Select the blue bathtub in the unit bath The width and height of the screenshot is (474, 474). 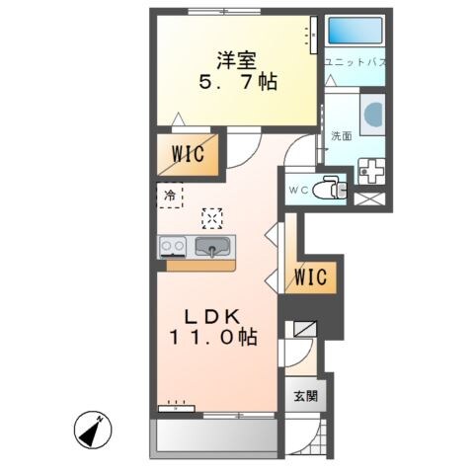(353, 32)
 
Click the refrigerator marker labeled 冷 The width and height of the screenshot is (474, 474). (169, 195)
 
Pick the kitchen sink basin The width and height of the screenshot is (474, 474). (210, 246)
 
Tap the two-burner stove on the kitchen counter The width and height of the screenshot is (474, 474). (173, 246)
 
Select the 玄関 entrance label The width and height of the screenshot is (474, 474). (304, 396)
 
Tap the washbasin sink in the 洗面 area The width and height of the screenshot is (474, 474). (374, 115)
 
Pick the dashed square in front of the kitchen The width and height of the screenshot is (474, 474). (212, 217)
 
